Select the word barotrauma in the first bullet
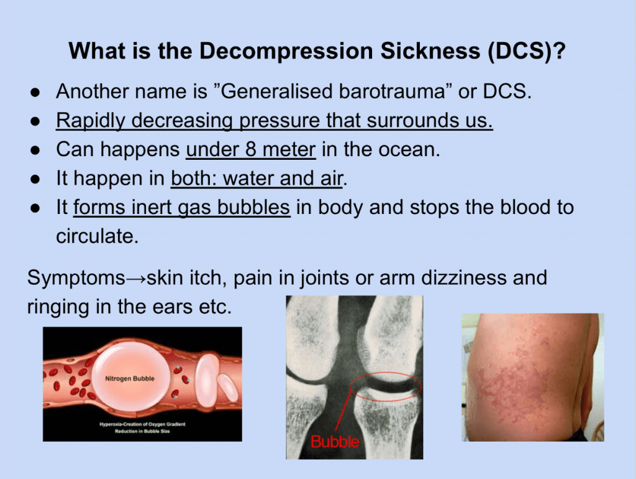[392, 91]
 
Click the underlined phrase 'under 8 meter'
[251, 149]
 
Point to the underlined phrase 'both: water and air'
[257, 179]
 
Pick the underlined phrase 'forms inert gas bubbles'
[182, 208]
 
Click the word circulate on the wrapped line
[98, 236]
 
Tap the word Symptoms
[76, 279]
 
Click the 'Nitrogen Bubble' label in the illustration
[130, 379]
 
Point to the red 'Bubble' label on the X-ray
[335, 442]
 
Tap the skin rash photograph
[533, 377]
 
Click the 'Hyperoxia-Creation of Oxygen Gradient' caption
[142, 424]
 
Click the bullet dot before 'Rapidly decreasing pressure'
[35, 121]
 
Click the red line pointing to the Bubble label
[343, 411]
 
